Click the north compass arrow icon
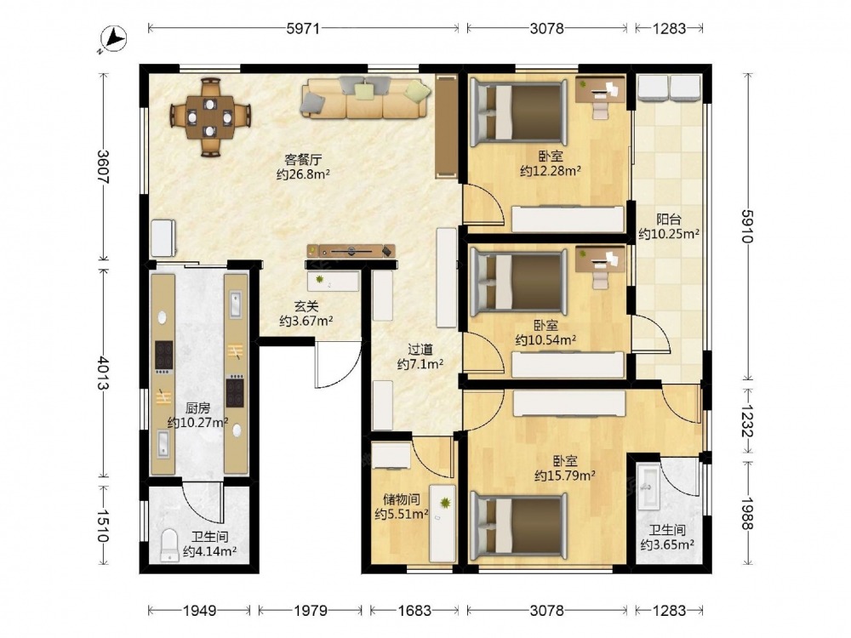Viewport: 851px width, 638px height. pyautogui.click(x=113, y=40)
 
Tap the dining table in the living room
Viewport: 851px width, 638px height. pyautogui.click(x=210, y=117)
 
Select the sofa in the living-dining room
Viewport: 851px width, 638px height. pyautogui.click(x=366, y=97)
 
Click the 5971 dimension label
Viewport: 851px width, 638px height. pyautogui.click(x=303, y=28)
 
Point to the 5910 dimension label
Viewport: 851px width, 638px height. pyautogui.click(x=748, y=226)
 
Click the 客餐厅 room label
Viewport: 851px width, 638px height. pyautogui.click(x=304, y=160)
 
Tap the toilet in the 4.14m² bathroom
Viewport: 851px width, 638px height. pyautogui.click(x=170, y=545)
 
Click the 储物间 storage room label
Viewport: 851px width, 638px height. pyautogui.click(x=402, y=499)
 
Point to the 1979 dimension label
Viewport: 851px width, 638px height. pyautogui.click(x=311, y=612)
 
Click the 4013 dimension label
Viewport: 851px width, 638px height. pyautogui.click(x=103, y=373)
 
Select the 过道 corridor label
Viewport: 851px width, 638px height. pyautogui.click(x=420, y=350)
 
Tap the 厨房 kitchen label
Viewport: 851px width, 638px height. pyautogui.click(x=197, y=408)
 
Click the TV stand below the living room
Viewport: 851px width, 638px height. pyautogui.click(x=351, y=251)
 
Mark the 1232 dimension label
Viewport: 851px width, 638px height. pyautogui.click(x=748, y=422)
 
